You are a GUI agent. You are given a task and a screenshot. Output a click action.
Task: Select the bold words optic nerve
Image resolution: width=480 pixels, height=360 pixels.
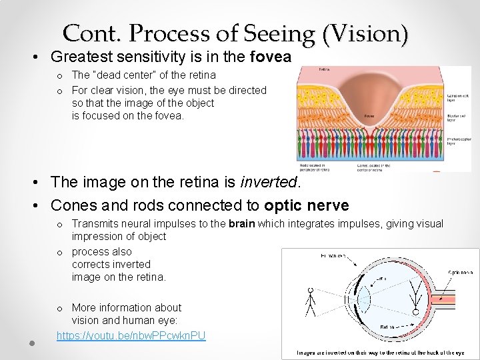306,205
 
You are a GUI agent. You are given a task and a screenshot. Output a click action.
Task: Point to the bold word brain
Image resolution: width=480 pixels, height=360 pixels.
242,224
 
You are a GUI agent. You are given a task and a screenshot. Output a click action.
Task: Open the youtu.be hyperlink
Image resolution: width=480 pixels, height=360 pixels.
131,335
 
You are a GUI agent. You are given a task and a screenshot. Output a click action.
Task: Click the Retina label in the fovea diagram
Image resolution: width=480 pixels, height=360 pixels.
324,69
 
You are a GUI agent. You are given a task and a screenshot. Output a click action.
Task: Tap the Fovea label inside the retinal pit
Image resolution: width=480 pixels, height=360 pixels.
369,116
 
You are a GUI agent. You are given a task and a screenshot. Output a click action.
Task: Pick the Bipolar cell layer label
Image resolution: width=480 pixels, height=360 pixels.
458,119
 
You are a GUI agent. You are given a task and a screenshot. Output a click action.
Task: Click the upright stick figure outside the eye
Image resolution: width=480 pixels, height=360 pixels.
311,300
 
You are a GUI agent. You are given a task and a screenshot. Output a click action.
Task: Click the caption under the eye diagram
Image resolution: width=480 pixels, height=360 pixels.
381,352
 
